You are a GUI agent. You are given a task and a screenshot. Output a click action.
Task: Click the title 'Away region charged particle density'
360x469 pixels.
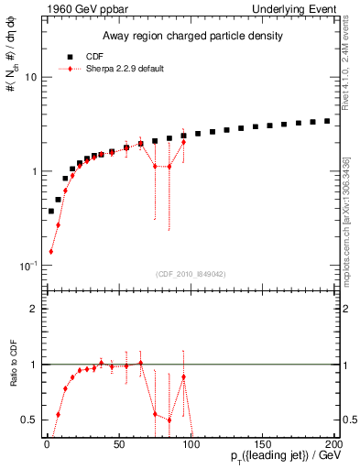[191, 37]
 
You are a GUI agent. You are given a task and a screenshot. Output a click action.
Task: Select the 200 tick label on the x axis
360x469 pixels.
[332, 444]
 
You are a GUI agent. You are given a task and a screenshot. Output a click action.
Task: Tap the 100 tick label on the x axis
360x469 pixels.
[189, 444]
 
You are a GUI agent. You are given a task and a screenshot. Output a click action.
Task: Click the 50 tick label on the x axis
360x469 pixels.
[116, 444]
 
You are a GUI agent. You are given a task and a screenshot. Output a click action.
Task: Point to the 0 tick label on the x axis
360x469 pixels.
[45, 444]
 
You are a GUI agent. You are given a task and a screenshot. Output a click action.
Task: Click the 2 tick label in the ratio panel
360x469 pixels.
[33, 310]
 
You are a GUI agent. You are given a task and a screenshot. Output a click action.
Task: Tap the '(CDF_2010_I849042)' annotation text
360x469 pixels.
[191, 272]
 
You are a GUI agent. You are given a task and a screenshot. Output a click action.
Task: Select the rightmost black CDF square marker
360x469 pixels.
[328, 121]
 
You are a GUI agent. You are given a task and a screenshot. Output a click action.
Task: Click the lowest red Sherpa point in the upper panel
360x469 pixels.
[50, 251]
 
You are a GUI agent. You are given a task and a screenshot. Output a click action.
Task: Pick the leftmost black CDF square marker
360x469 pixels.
[50, 211]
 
